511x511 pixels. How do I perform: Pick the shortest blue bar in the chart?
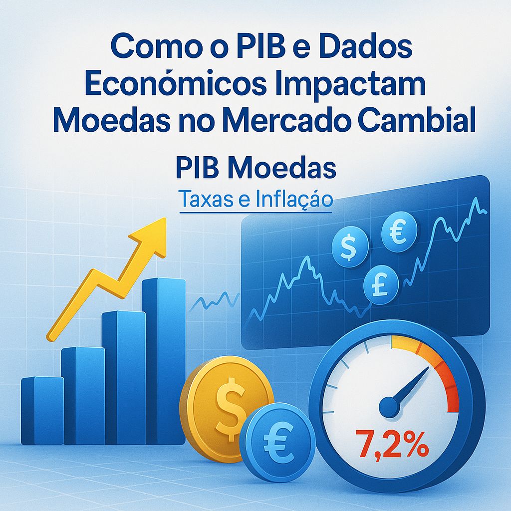[x=42, y=410]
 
